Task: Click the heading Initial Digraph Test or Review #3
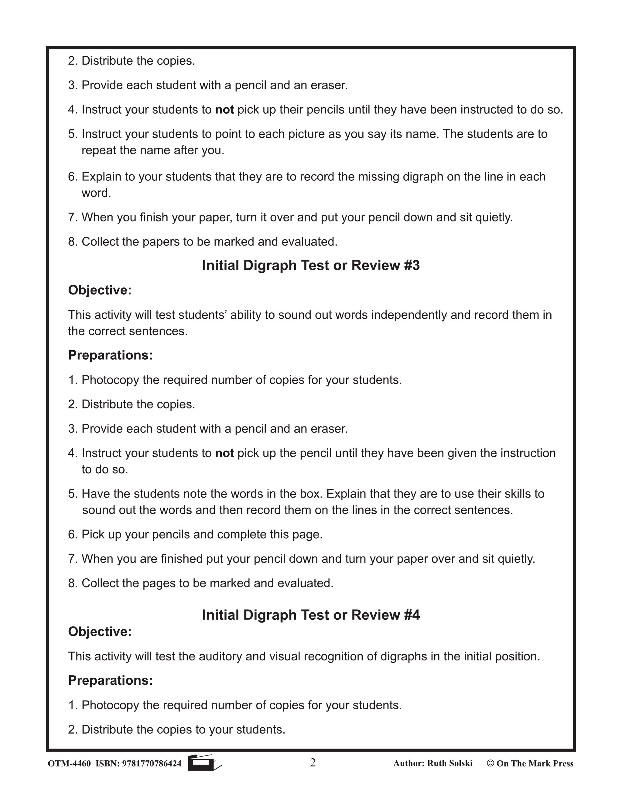click(311, 266)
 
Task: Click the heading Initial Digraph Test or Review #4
click(311, 615)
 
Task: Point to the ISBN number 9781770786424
click(152, 763)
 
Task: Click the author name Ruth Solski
click(449, 763)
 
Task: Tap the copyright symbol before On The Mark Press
click(490, 763)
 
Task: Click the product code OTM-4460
click(69, 763)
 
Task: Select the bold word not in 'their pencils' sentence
click(224, 109)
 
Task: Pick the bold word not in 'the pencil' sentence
click(224, 453)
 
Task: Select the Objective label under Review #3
click(100, 290)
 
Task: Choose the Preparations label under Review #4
click(111, 680)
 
